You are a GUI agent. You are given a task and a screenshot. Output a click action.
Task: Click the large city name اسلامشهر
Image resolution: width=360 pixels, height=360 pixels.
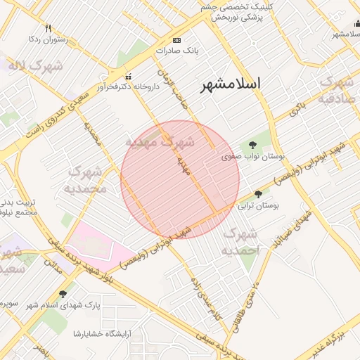click(231, 84)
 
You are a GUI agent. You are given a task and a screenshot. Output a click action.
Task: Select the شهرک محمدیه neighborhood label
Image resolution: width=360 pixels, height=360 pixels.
click(86, 180)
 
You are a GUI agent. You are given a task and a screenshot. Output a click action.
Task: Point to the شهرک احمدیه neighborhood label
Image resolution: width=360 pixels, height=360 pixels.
click(241, 241)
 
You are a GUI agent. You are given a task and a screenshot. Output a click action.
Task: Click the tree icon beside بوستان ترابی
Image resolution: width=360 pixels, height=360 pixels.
click(258, 194)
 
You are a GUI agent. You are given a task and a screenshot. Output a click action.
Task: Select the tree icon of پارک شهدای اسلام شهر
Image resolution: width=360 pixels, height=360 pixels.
click(63, 295)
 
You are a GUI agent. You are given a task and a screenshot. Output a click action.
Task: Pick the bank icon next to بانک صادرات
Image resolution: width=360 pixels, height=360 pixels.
click(176, 40)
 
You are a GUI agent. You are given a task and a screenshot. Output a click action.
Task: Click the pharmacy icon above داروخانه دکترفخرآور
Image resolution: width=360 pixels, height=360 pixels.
click(127, 76)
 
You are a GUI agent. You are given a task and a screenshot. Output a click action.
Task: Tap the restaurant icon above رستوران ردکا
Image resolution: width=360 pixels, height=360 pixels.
click(48, 29)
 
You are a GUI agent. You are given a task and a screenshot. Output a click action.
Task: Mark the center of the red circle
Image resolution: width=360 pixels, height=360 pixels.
click(180, 179)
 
